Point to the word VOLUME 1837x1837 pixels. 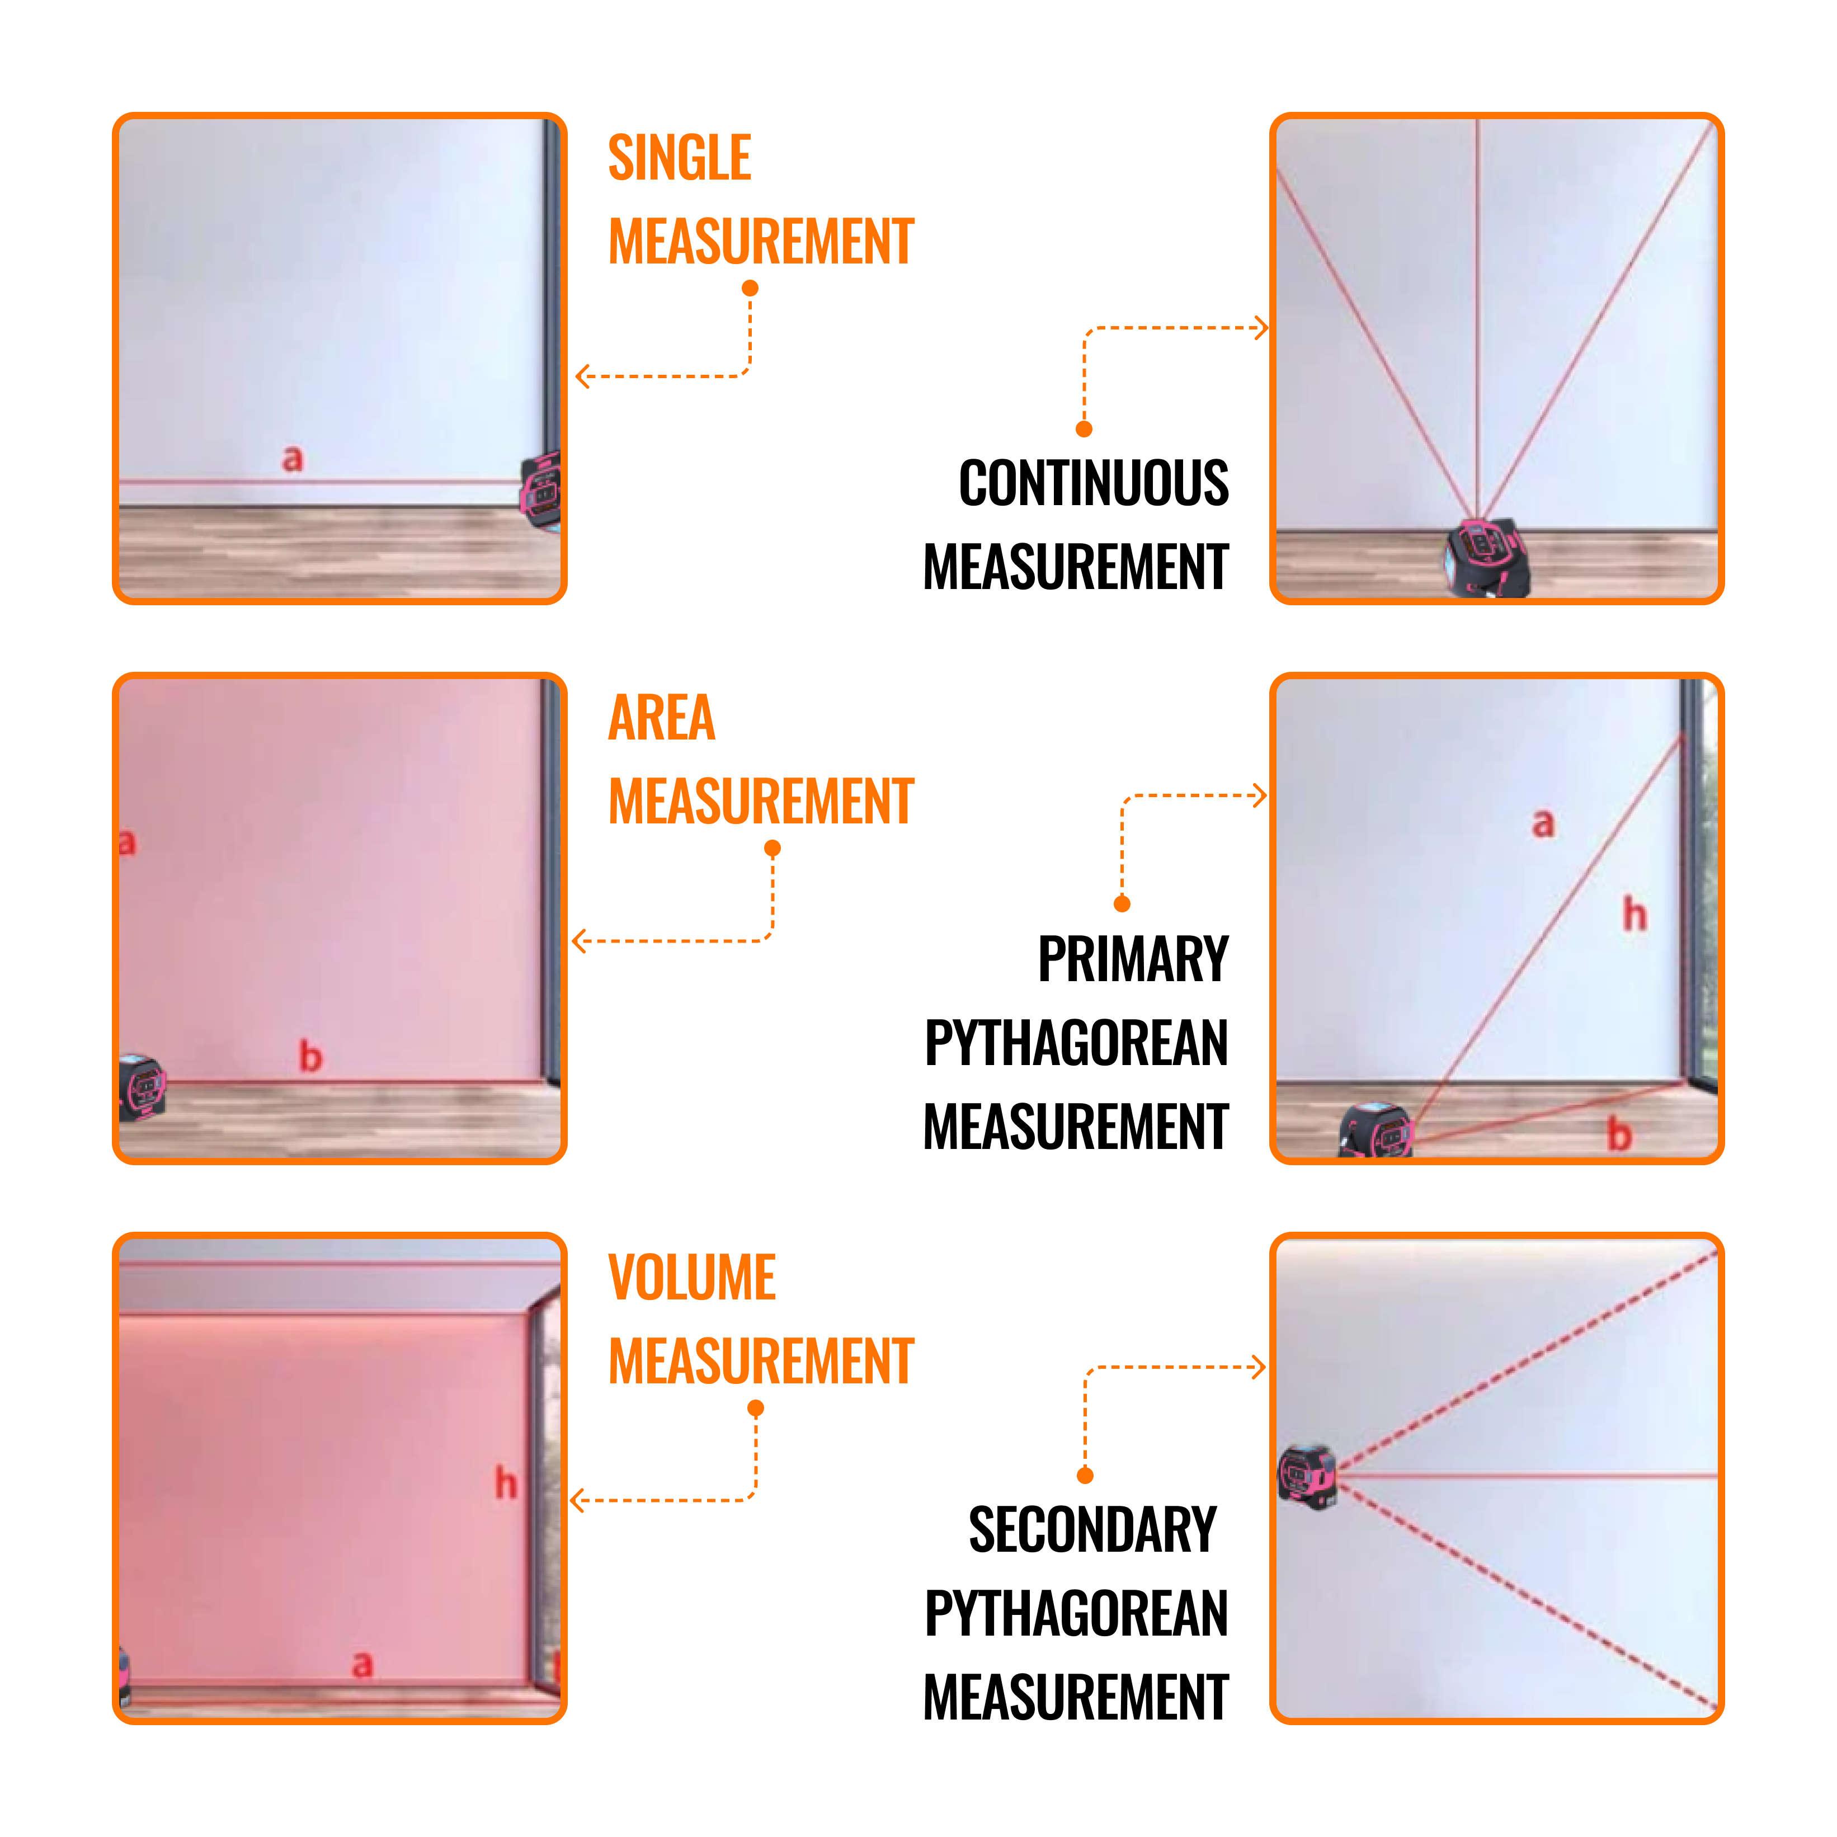click(x=691, y=1278)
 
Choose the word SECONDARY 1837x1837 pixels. click(x=1092, y=1530)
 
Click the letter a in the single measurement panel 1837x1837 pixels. click(x=293, y=459)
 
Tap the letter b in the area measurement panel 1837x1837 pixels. click(x=311, y=1056)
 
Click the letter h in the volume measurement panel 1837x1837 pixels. click(x=506, y=1483)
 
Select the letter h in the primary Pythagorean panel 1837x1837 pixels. click(x=1635, y=914)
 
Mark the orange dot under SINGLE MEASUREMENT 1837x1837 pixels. click(x=750, y=288)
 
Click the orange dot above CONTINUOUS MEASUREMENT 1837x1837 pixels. click(x=1084, y=429)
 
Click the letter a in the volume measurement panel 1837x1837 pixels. click(x=362, y=1665)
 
